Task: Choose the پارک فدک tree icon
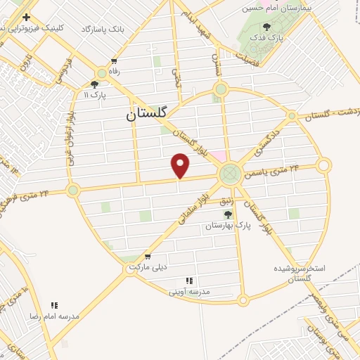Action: click(x=285, y=26)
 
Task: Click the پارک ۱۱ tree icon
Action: click(x=94, y=84)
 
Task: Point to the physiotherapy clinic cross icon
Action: click(x=27, y=16)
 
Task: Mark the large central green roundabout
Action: click(x=229, y=174)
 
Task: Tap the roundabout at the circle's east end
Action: click(x=323, y=165)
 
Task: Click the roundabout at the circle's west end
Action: click(x=73, y=190)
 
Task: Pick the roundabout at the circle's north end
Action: click(x=221, y=89)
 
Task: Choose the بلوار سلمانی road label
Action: click(x=192, y=209)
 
